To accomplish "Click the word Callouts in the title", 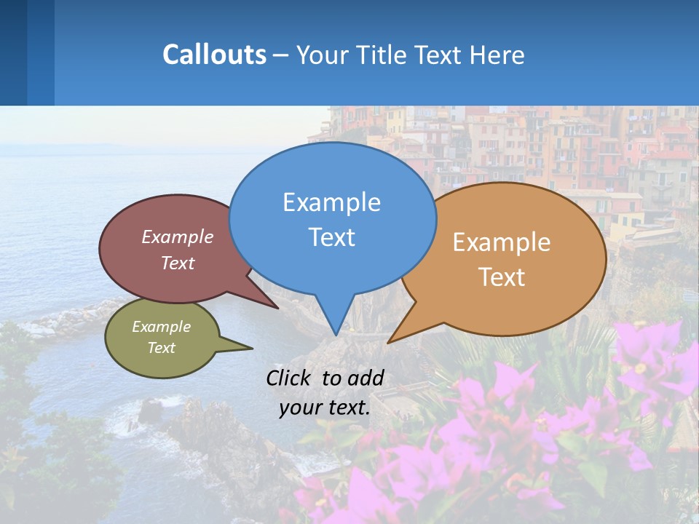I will (x=214, y=55).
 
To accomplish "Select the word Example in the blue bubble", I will (x=331, y=202).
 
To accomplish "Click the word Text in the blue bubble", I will (x=331, y=237).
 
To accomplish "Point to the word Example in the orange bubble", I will (x=502, y=242).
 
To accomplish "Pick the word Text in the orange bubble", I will (x=502, y=277).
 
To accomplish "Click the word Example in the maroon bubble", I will (x=178, y=237).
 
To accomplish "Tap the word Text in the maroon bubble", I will (x=178, y=263).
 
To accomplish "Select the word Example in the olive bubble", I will (x=161, y=327).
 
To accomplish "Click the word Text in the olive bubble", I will (x=161, y=348).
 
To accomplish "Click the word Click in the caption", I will (x=290, y=378).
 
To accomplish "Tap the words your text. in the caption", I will (x=325, y=408).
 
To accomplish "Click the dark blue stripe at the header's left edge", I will (x=13, y=52).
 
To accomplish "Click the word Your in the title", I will (x=324, y=55).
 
